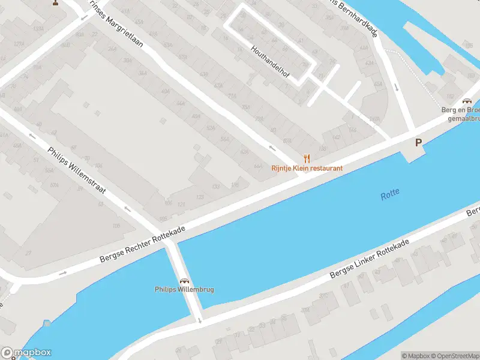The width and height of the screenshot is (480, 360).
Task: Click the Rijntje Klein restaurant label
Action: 307,168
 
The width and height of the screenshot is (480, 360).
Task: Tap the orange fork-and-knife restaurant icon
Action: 307,158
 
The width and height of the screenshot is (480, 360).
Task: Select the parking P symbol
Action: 418,143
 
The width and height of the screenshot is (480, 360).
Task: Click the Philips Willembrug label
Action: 184,290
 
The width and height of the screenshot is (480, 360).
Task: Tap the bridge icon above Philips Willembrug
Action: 184,280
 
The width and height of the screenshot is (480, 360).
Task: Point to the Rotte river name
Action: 389,194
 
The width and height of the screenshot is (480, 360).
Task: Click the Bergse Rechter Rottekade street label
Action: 143,246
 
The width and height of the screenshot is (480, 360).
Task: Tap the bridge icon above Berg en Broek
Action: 467,101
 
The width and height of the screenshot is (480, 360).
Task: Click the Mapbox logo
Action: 26,353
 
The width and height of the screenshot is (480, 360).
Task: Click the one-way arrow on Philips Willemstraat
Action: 127,209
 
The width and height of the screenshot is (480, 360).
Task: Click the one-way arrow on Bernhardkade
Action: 397,88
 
